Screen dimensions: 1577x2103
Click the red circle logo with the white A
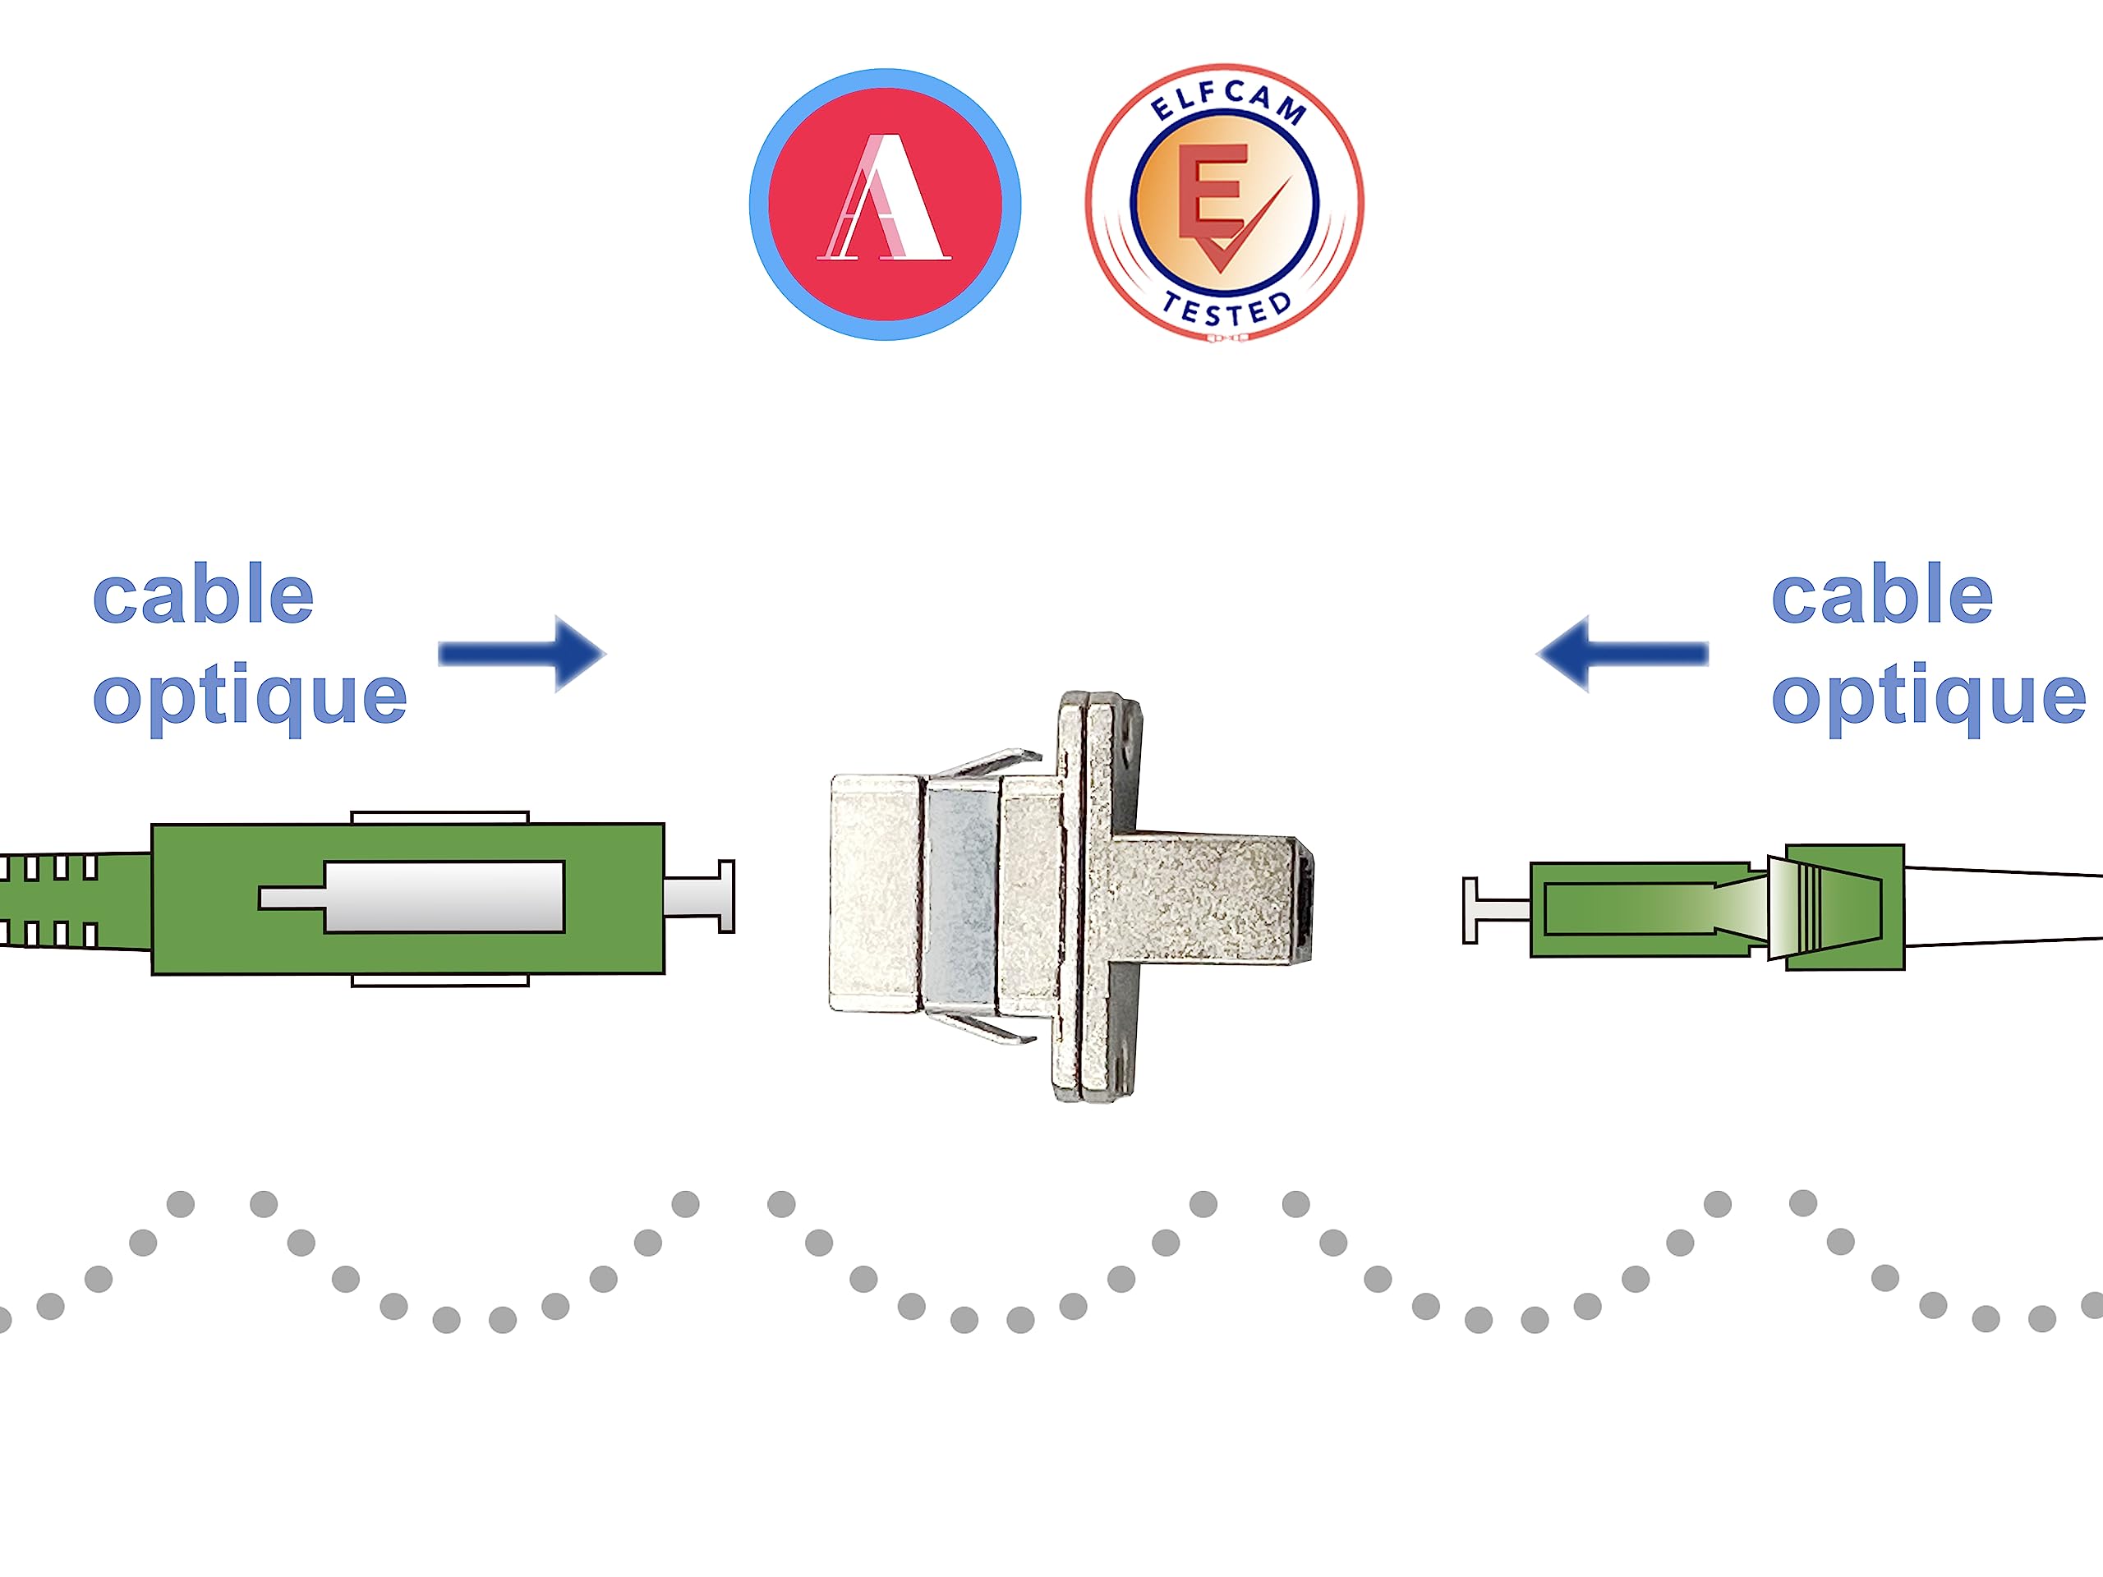(884, 205)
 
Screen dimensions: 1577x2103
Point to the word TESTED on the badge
(1227, 310)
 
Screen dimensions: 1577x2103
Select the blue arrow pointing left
(1621, 653)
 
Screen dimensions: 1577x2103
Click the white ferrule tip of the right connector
(1493, 910)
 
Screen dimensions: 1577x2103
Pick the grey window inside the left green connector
(443, 896)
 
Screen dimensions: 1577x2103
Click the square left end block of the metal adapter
(874, 894)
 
